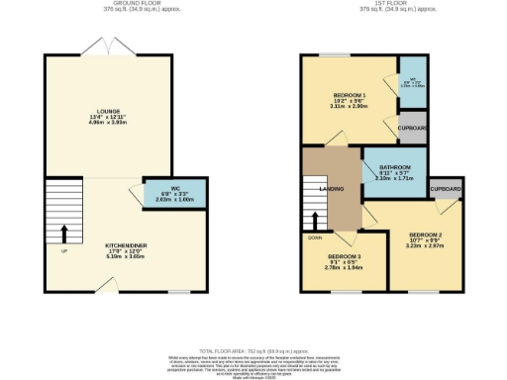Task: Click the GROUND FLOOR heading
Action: click(124, 3)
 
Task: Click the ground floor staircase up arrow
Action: click(65, 233)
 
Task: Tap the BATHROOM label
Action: click(393, 168)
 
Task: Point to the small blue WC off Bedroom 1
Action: click(411, 82)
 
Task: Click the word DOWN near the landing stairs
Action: click(315, 237)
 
